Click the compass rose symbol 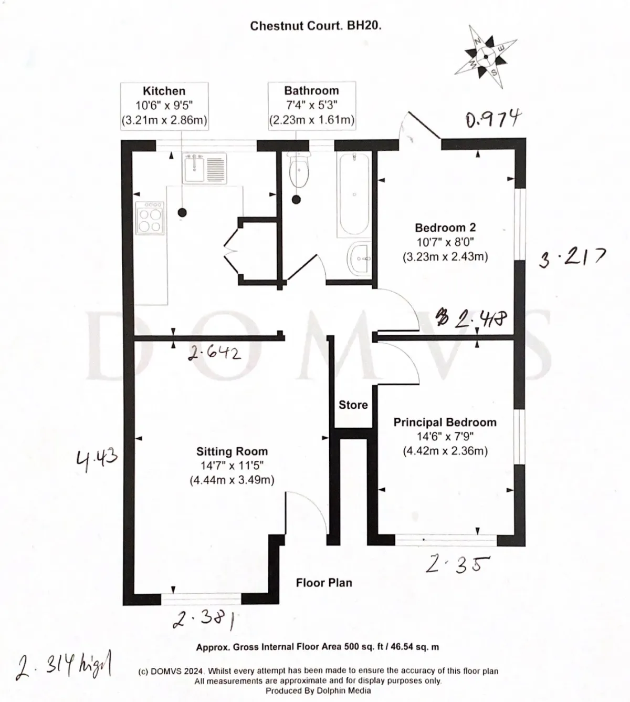[486, 56]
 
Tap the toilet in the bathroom [299, 169]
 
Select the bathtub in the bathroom [354, 194]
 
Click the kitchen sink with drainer [205, 168]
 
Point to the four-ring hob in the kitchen [150, 218]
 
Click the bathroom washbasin [359, 258]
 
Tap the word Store [353, 405]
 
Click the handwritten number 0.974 [493, 119]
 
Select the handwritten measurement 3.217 [572, 257]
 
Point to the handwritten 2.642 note [214, 354]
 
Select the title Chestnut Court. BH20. [316, 26]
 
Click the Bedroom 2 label [445, 228]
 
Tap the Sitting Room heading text [232, 451]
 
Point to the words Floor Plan [324, 582]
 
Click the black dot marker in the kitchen [182, 212]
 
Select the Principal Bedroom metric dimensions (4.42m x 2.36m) [445, 451]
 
